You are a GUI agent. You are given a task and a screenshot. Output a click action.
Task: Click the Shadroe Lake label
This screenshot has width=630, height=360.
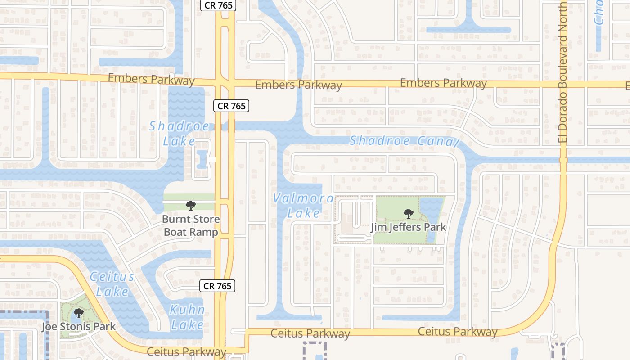point(179,133)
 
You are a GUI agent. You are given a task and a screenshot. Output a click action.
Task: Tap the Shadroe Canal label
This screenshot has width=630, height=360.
point(404,141)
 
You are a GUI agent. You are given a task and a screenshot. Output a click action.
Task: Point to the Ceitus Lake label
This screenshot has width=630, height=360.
point(112,284)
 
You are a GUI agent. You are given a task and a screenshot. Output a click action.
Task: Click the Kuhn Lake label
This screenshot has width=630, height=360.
point(187,317)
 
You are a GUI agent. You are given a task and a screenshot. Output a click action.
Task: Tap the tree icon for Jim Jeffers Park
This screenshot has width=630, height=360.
point(409,213)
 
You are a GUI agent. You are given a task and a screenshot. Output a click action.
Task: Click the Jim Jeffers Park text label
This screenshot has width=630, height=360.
point(409,227)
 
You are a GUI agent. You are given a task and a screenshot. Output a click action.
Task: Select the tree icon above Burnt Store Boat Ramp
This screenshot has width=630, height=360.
point(191,206)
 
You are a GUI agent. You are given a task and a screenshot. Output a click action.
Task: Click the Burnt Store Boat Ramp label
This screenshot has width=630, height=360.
point(191,226)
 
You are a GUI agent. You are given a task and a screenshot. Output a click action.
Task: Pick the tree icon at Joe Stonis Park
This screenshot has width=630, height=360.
point(79,313)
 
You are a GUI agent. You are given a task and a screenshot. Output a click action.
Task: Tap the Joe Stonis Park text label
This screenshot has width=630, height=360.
point(79,327)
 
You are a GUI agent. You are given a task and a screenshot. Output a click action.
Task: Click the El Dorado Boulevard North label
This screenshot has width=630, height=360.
point(563,72)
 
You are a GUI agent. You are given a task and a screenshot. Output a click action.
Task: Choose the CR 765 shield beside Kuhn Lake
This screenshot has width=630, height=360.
point(217,286)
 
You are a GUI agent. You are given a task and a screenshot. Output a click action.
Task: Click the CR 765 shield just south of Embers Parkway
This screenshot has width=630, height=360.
point(231,106)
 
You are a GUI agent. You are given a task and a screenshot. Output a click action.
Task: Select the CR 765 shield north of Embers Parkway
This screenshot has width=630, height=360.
point(218,6)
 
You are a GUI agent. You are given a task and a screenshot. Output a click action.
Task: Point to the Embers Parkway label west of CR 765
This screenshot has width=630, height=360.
point(151,80)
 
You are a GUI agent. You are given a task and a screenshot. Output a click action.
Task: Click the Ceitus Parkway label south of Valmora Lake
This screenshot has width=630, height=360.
point(310,333)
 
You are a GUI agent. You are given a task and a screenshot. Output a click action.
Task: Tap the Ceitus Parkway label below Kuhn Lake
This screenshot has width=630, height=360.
point(186,351)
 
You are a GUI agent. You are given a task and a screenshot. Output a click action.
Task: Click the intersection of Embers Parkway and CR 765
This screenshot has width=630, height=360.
point(225,83)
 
